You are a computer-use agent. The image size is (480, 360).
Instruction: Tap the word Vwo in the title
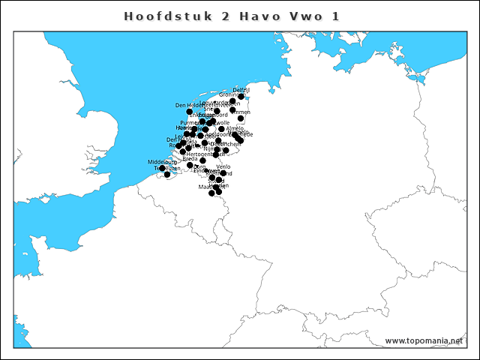tap(313, 15)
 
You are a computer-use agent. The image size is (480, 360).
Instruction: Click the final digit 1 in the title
tap(346, 15)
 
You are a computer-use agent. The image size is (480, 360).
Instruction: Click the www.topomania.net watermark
tap(424, 340)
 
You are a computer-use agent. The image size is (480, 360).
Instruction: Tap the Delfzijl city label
tap(241, 89)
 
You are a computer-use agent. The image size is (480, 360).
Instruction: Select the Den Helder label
tap(187, 105)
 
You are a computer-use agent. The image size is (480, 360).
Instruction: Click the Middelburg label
tap(162, 161)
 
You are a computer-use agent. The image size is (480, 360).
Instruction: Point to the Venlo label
tap(223, 166)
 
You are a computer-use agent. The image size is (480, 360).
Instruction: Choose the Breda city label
tap(190, 158)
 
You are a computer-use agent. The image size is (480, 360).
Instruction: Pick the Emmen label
tap(241, 112)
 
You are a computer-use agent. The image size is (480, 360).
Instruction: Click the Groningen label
tap(228, 95)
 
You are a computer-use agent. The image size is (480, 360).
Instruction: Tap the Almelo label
tap(235, 128)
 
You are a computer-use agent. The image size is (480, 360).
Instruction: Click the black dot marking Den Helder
tap(190, 112)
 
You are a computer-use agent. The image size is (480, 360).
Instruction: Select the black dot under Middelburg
tap(162, 168)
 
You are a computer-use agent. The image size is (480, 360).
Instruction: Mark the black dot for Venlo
tap(223, 173)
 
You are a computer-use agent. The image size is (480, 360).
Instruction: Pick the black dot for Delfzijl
tap(241, 96)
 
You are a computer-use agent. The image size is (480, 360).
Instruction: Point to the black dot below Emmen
tap(241, 118)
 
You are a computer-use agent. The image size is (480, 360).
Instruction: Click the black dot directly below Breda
tap(190, 165)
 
